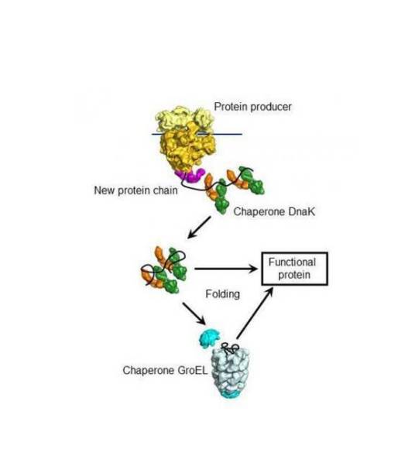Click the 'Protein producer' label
pyautogui.click(x=252, y=107)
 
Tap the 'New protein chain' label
pyautogui.click(x=135, y=190)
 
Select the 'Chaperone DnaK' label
pyautogui.click(x=274, y=211)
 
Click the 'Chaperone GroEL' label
pyautogui.click(x=165, y=370)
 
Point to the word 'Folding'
pyautogui.click(x=223, y=294)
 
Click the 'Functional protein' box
pyautogui.click(x=294, y=269)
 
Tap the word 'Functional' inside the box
pyautogui.click(x=292, y=262)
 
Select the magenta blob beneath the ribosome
pyautogui.click(x=190, y=175)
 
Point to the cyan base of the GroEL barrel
pyautogui.click(x=231, y=394)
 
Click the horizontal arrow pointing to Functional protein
pyautogui.click(x=226, y=269)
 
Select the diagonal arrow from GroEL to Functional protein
pyautogui.click(x=255, y=313)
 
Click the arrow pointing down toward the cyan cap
pyautogui.click(x=194, y=314)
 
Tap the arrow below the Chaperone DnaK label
pyautogui.click(x=199, y=228)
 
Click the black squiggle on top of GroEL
pyautogui.click(x=230, y=348)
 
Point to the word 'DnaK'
pyautogui.click(x=300, y=211)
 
